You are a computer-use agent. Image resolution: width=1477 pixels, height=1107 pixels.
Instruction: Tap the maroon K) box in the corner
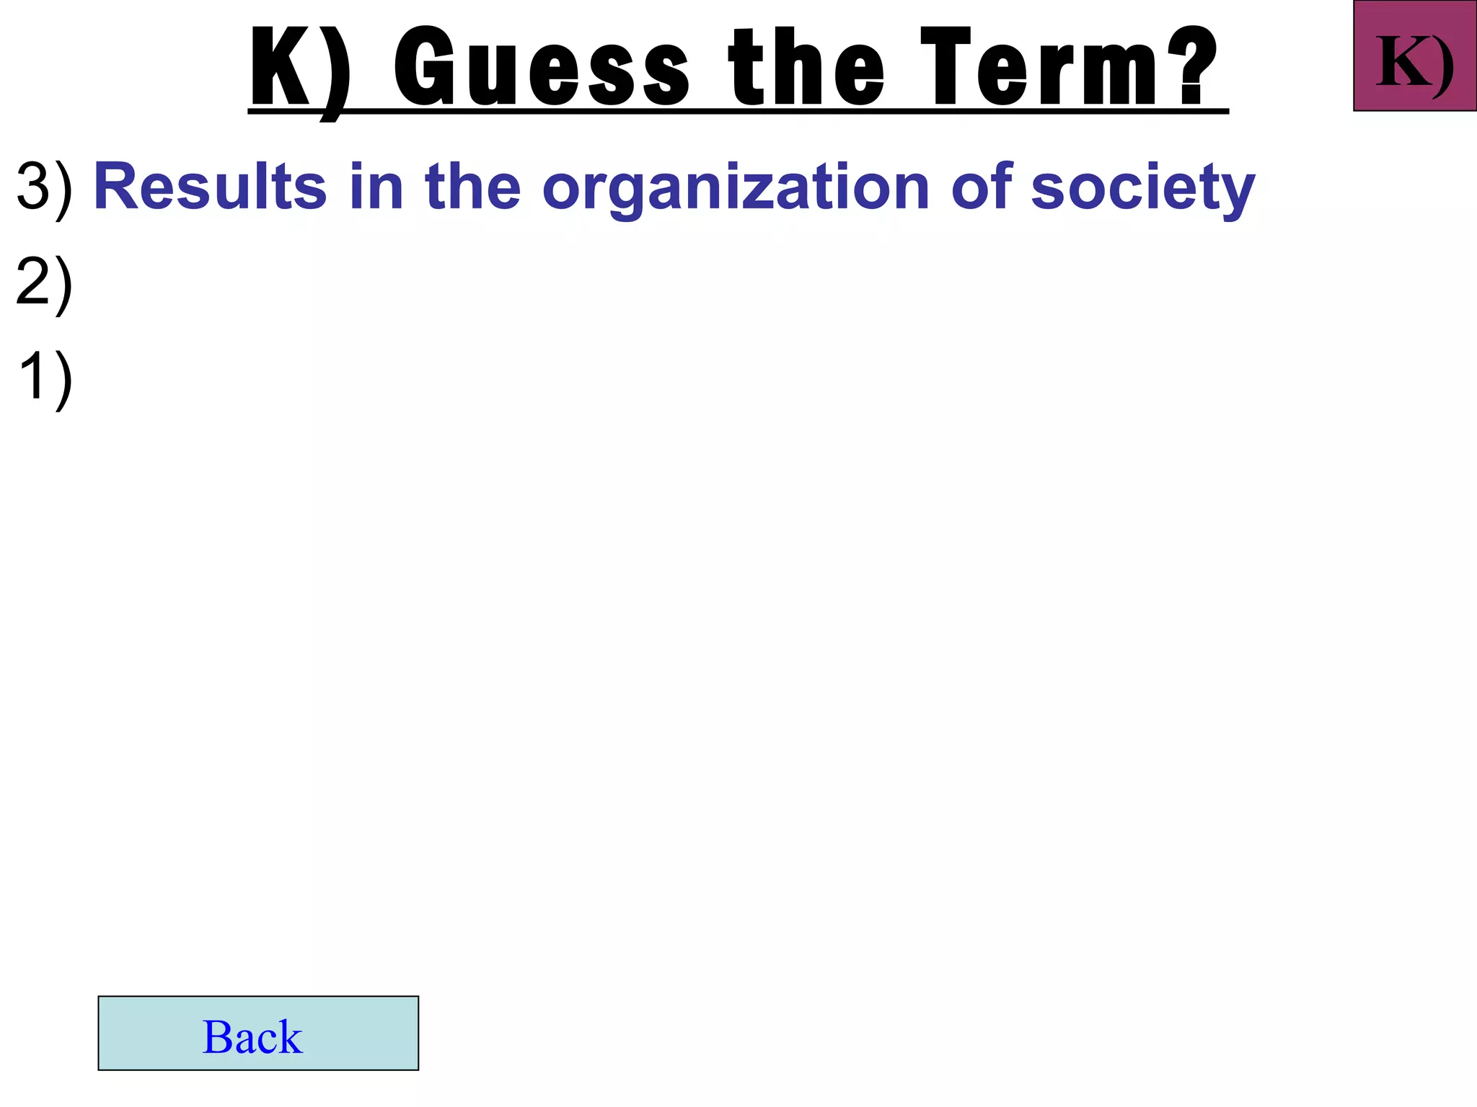[1415, 56]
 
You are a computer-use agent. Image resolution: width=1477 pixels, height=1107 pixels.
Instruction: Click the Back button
[258, 1033]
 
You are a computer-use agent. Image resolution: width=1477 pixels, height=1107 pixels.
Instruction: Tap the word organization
[736, 189]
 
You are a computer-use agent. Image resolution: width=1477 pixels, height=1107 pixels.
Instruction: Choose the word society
[1143, 189]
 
